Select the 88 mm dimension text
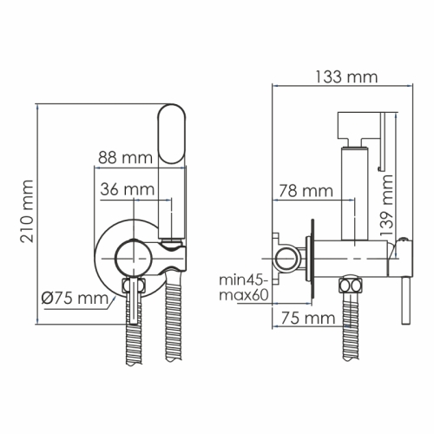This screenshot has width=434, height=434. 121,157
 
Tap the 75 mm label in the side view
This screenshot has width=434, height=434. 303,319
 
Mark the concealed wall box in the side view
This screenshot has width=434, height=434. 280,256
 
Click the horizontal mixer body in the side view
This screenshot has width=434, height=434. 356,256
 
